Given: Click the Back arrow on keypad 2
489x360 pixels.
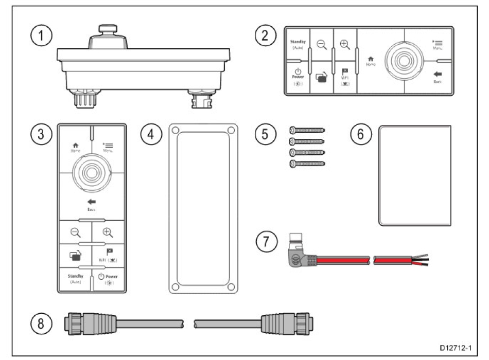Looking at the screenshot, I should click(x=438, y=76).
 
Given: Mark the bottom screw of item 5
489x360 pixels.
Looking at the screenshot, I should click(x=307, y=165).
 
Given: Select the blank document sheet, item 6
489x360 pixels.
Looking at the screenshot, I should click(x=415, y=175).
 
